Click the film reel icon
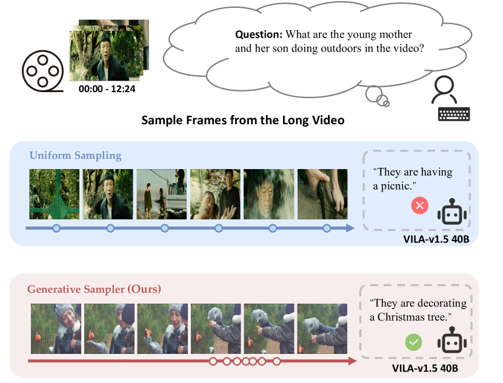click(42, 71)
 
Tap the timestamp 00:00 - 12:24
click(107, 89)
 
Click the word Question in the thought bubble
click(259, 35)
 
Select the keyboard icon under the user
click(454, 114)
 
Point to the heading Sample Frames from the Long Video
click(243, 120)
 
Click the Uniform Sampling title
click(75, 156)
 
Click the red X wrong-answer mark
click(419, 205)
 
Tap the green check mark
click(413, 342)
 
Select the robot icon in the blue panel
click(452, 211)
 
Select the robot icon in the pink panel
click(452, 340)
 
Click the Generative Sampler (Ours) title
click(94, 289)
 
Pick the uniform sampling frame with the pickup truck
click(161, 195)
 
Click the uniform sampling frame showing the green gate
click(54, 195)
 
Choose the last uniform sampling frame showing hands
click(322, 195)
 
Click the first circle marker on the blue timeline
click(56, 228)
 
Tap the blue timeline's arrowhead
click(350, 228)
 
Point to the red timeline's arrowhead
click(353, 361)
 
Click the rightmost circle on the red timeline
click(276, 362)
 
